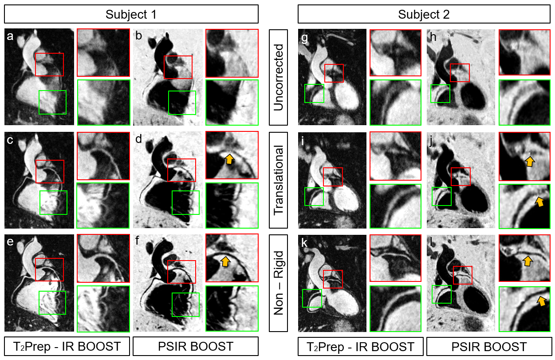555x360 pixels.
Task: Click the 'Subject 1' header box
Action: point(131,14)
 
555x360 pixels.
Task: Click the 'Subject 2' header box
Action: point(424,14)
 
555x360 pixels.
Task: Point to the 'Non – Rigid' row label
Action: point(279,283)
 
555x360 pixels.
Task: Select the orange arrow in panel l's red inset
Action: point(527,261)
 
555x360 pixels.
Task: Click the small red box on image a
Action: point(49,64)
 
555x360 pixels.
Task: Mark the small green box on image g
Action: point(314,93)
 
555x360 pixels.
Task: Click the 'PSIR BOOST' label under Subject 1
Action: point(195,346)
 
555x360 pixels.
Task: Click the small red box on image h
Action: point(460,73)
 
